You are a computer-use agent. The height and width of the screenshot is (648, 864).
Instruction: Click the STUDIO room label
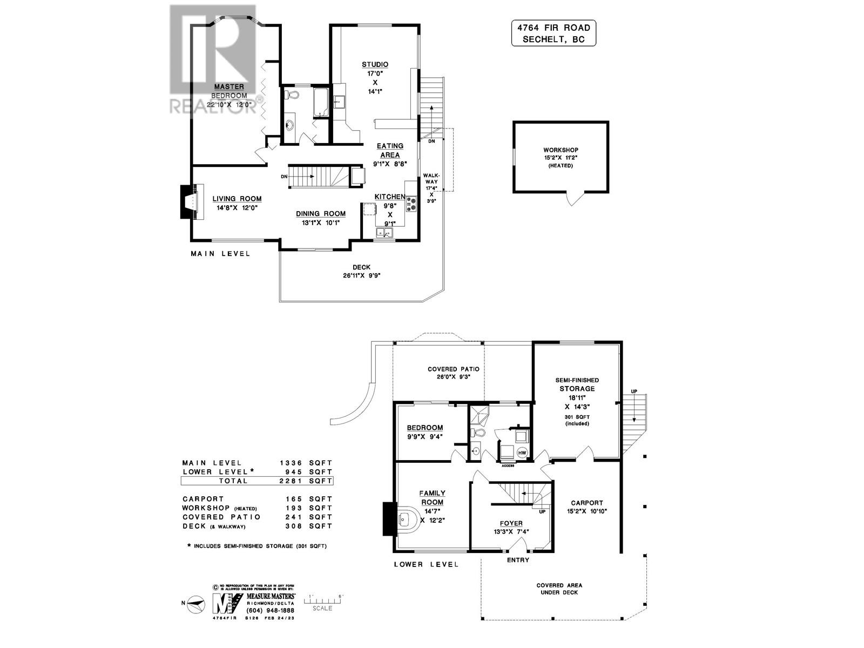point(375,65)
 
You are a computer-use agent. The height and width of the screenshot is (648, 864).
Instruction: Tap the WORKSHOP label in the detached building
point(561,150)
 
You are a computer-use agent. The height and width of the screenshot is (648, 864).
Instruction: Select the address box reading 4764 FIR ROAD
point(553,33)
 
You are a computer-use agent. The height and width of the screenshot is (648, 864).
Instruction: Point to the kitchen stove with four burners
point(411,204)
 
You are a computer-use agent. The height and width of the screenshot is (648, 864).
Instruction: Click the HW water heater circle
point(522,453)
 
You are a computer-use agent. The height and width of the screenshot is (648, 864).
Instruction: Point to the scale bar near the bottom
point(323,600)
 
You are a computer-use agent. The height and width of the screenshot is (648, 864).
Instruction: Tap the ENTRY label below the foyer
point(518,560)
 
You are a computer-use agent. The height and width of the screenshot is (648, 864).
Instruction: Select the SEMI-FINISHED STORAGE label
point(577,384)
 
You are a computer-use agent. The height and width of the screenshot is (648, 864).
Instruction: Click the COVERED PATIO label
point(453,369)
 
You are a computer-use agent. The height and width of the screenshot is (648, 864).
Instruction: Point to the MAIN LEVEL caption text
point(220,253)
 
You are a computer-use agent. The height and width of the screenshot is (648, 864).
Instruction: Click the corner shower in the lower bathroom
point(477,414)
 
